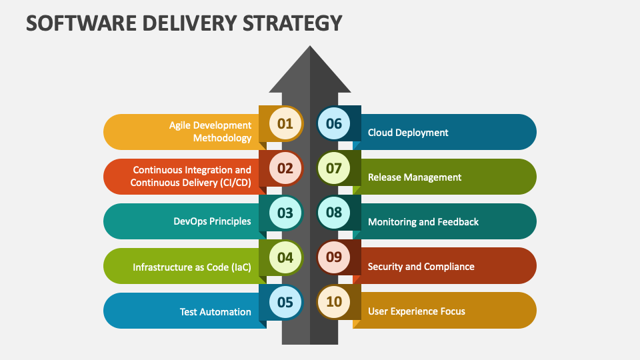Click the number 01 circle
(285, 123)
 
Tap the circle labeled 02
(285, 168)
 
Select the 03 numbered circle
(285, 213)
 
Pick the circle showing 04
(285, 257)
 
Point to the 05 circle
(285, 302)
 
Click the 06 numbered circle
(334, 123)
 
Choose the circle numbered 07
(334, 168)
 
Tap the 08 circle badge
(334, 213)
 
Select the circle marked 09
(334, 257)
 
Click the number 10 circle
(334, 302)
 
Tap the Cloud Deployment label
(408, 133)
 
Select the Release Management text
(415, 177)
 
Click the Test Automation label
(215, 311)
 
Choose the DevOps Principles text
(212, 221)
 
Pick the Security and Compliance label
(421, 267)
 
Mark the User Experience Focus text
(417, 311)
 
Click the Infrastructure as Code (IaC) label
(192, 267)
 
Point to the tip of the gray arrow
(309, 47)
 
